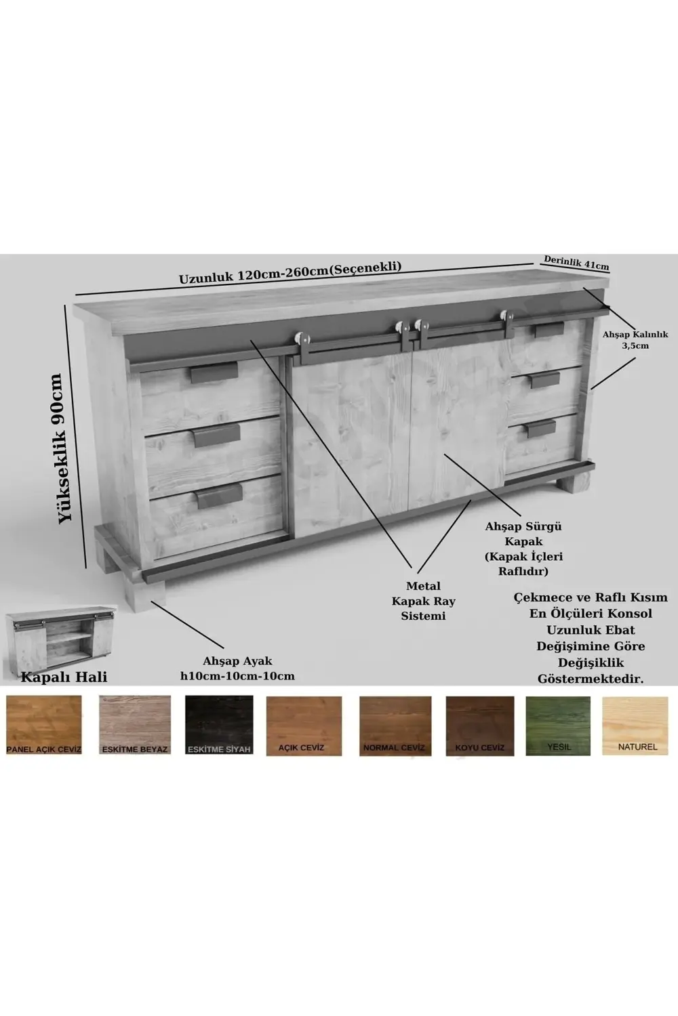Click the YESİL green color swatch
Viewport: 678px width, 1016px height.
pyautogui.click(x=558, y=725)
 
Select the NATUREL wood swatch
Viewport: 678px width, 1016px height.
pyautogui.click(x=635, y=725)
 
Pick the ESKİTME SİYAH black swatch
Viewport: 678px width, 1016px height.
pyautogui.click(x=219, y=725)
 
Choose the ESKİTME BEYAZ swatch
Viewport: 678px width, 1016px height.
pyautogui.click(x=135, y=725)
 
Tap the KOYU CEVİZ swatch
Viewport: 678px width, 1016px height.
pyautogui.click(x=480, y=725)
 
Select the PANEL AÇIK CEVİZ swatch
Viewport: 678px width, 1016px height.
pyautogui.click(x=44, y=725)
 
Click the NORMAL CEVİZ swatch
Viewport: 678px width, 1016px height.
pyautogui.click(x=395, y=725)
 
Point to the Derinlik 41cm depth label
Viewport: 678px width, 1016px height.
pyautogui.click(x=576, y=262)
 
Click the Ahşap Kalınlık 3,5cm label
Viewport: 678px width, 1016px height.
pyautogui.click(x=635, y=340)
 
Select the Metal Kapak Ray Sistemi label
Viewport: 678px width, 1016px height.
pyautogui.click(x=423, y=601)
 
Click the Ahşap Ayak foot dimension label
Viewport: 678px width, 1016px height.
pyautogui.click(x=237, y=668)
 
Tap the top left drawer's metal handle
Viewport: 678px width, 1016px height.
pyautogui.click(x=214, y=373)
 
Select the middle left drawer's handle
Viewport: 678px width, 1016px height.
pyautogui.click(x=216, y=436)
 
